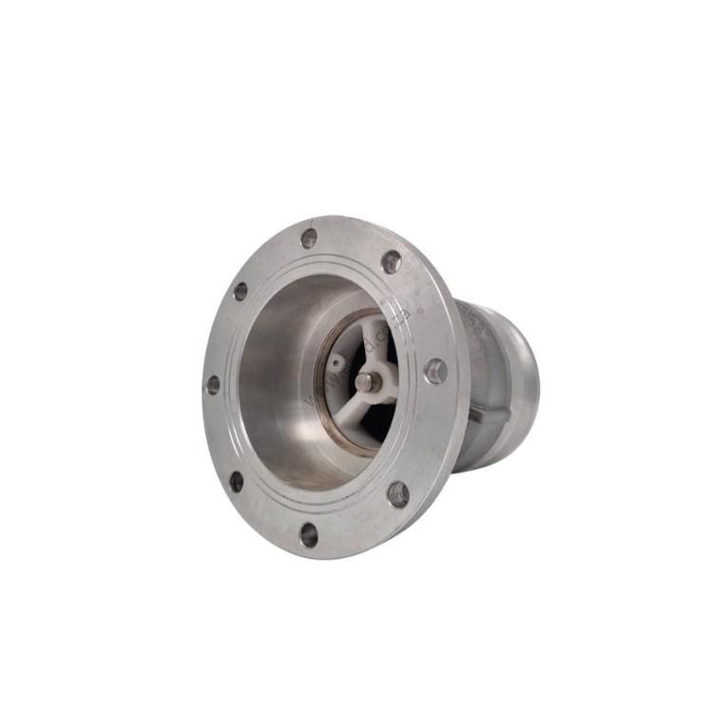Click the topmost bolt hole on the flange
pyautogui.click(x=309, y=239)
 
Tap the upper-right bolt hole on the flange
pyautogui.click(x=391, y=262)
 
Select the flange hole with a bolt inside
pyautogui.click(x=435, y=371)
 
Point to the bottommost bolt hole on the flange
pyautogui.click(x=310, y=534)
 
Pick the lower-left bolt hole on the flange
pyautogui.click(x=236, y=482)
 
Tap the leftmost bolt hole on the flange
pyautogui.click(x=213, y=385)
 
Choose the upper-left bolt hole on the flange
pyautogui.click(x=241, y=291)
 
